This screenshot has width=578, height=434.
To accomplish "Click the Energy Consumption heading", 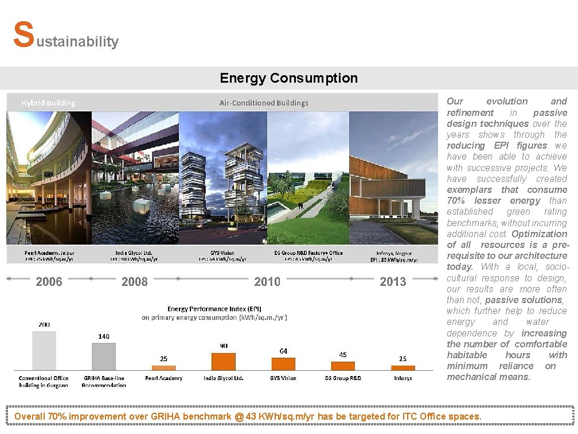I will [x=288, y=78].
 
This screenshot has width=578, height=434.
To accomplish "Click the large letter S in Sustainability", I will [x=23, y=36].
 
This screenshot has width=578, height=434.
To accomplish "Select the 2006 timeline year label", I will [x=49, y=281].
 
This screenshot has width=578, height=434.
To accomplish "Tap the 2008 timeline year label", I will [x=135, y=281].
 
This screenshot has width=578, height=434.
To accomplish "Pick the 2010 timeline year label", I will [x=267, y=281].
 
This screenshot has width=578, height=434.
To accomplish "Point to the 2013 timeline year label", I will [x=393, y=281].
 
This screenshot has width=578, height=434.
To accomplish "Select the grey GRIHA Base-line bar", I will [x=104, y=356].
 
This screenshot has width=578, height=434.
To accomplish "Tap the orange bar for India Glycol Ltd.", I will [x=224, y=361].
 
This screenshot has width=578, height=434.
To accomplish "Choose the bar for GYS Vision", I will [x=283, y=364].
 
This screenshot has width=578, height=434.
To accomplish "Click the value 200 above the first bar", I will [x=44, y=324].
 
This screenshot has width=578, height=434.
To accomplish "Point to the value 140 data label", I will [x=104, y=336].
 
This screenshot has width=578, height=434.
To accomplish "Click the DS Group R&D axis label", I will [x=343, y=378].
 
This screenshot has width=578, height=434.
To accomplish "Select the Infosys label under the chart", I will [x=403, y=378].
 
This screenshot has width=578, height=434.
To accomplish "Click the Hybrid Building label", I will [x=48, y=103].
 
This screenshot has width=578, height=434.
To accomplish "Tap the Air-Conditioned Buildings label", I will [x=264, y=103].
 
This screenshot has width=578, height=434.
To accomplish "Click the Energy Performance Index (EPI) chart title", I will [x=214, y=309].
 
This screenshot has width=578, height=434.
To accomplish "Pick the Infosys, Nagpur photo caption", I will [x=393, y=256].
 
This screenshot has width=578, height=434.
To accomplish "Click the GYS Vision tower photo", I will [x=223, y=178].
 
